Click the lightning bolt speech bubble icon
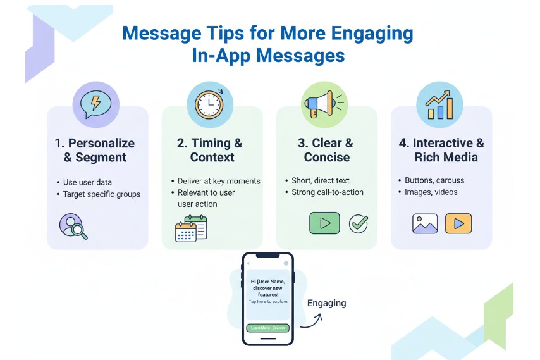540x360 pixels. (x=96, y=103)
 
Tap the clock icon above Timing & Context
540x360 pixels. (x=209, y=103)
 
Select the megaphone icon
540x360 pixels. (x=323, y=104)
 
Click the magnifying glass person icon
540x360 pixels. (x=73, y=226)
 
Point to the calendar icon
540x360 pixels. (x=191, y=228)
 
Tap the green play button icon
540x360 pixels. (x=324, y=223)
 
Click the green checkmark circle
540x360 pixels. (x=359, y=223)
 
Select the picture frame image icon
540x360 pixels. (x=425, y=223)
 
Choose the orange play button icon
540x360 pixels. (x=458, y=223)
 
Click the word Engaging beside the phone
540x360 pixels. (x=326, y=303)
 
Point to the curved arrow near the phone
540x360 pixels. (x=310, y=321)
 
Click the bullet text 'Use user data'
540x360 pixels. (x=87, y=182)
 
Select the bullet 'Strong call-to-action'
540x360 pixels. (x=328, y=192)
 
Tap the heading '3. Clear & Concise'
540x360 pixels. (x=326, y=150)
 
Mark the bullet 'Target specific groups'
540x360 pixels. (x=101, y=194)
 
